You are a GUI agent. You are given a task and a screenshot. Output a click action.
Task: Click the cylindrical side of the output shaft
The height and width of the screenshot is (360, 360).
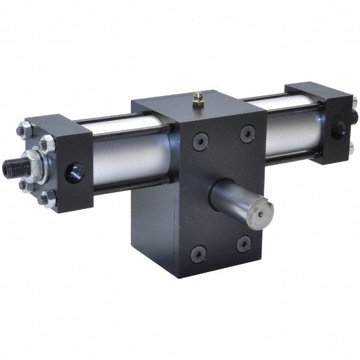[232, 198]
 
